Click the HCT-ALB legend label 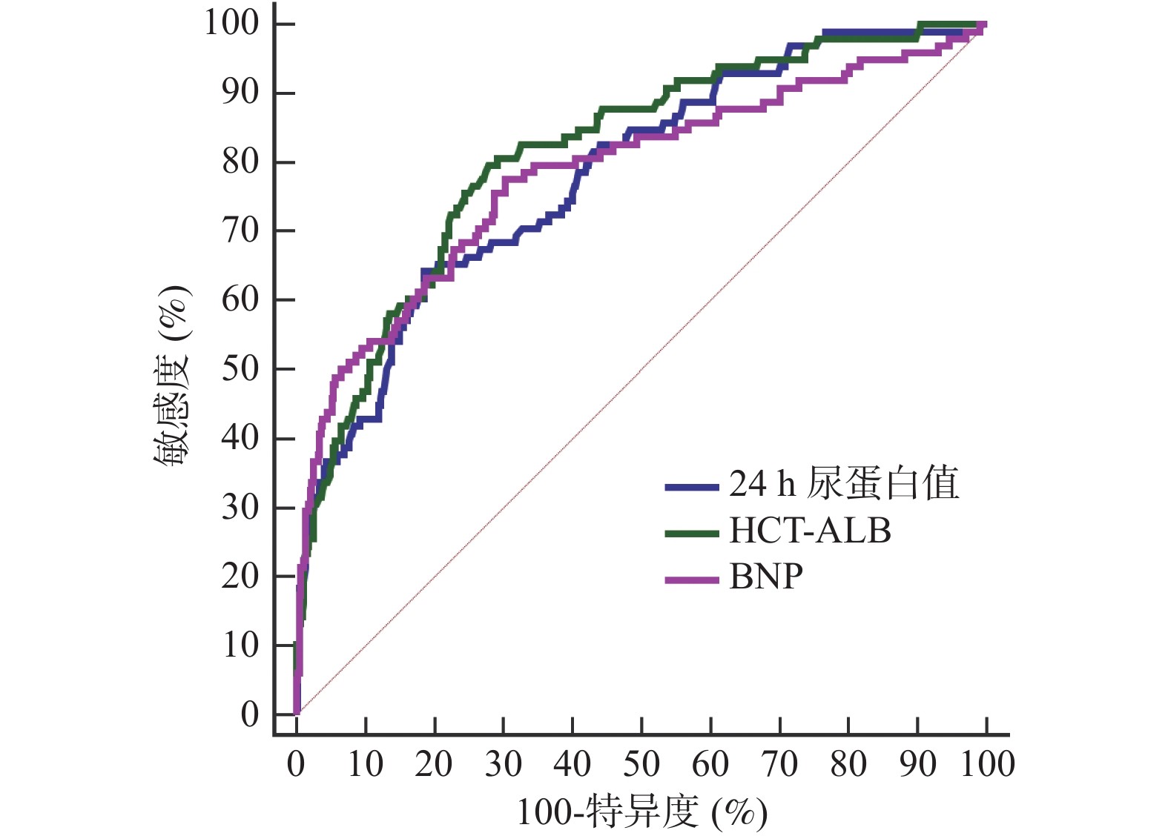click(x=810, y=531)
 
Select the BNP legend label click(x=766, y=577)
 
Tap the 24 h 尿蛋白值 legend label click(x=844, y=483)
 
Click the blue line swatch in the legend click(x=692, y=487)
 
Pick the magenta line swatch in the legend click(x=692, y=580)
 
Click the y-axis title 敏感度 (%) click(x=172, y=375)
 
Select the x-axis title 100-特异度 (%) click(x=641, y=812)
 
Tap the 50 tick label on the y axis click(x=240, y=368)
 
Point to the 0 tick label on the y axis click(x=250, y=714)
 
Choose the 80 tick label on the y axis click(x=240, y=162)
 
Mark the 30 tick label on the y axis click(x=240, y=508)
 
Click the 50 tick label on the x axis click(x=641, y=764)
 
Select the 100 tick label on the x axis click(x=987, y=764)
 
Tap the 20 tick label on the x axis click(x=434, y=764)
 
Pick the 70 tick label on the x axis click(x=779, y=764)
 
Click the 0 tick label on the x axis click(x=296, y=764)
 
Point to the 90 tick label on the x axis click(x=917, y=764)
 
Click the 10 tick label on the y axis click(x=240, y=646)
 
